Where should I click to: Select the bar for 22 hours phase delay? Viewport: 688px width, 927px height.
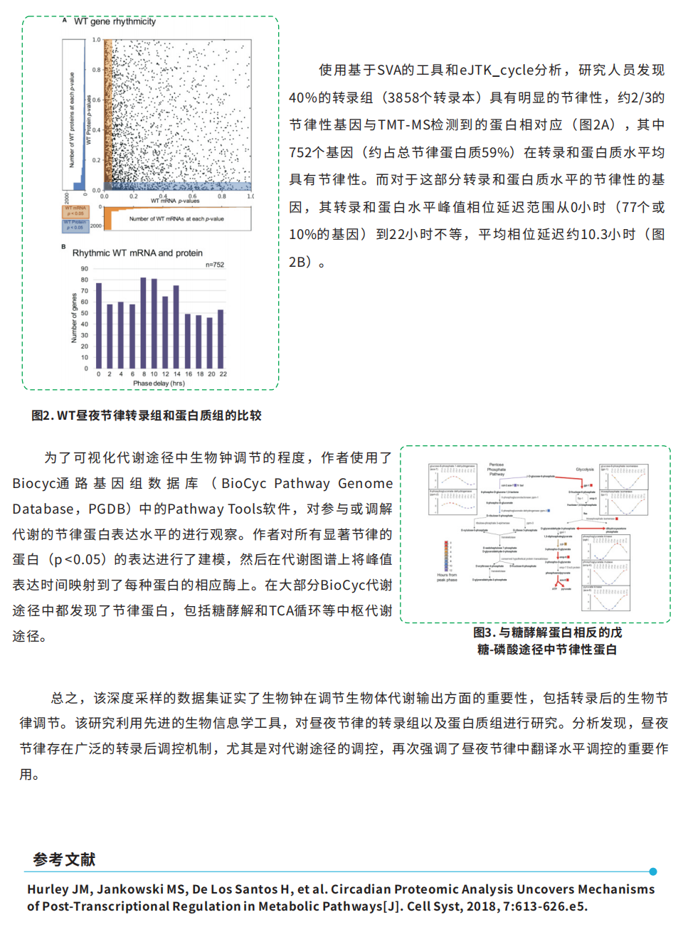pos(221,339)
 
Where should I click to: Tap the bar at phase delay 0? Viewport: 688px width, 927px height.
pos(99,325)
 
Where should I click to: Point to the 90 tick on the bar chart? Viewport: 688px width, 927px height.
pos(85,269)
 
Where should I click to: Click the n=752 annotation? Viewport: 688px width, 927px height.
pos(215,265)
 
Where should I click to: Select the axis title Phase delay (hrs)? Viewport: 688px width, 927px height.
pos(159,383)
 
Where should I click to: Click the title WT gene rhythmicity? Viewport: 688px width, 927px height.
pos(115,22)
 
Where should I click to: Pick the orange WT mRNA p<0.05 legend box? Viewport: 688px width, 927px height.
pos(75,211)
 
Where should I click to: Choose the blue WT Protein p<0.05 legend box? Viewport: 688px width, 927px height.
pos(75,225)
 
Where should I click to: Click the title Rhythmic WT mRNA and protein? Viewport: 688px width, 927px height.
pos(137,253)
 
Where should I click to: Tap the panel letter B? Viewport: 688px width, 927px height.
pos(63,247)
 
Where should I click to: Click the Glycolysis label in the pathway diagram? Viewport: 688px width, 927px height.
pos(585,470)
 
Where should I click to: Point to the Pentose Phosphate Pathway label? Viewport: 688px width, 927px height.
pos(497,469)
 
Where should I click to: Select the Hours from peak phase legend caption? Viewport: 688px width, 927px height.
pos(447,577)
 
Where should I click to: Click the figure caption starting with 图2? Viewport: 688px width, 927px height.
pos(147,415)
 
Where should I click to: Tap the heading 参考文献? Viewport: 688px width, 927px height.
pos(64,859)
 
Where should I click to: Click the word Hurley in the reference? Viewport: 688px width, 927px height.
pos(47,889)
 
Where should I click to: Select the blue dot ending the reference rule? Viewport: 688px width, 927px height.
pos(653,872)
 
